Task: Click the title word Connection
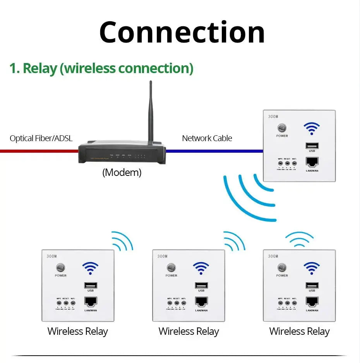click(182, 32)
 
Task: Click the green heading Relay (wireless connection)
click(101, 68)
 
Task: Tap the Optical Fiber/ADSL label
click(41, 138)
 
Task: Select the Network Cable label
click(207, 138)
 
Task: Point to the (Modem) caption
click(122, 172)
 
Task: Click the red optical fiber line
click(39, 151)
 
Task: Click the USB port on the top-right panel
click(312, 146)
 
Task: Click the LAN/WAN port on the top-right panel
click(312, 162)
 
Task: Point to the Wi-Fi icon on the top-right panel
click(311, 129)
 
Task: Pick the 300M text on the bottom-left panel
click(51, 256)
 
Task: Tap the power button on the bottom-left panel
click(60, 268)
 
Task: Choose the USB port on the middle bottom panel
click(201, 285)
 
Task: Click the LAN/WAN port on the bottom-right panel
click(312, 302)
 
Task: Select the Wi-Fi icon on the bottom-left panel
click(90, 268)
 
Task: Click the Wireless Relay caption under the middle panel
click(189, 331)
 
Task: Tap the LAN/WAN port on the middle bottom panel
click(201, 302)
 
